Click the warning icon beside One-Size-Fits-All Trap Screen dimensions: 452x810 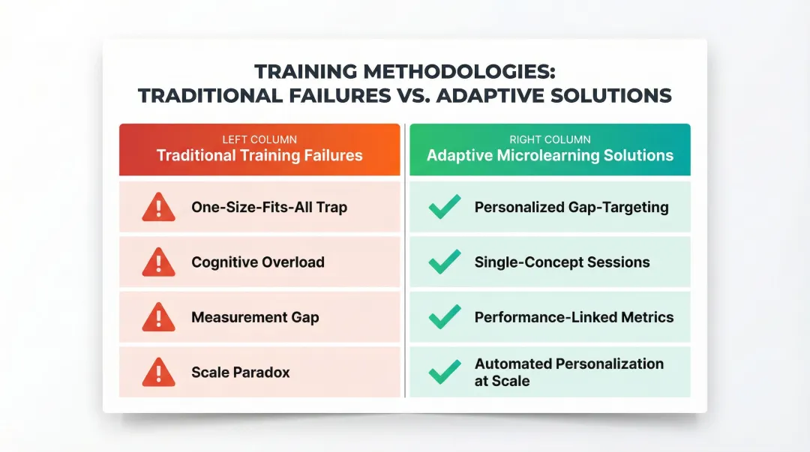[158, 207]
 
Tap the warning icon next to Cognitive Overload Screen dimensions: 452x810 [158, 262]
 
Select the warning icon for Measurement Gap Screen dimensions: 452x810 [158, 317]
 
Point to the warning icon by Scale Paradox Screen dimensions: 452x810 [158, 372]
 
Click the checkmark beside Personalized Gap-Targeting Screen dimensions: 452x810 [445, 207]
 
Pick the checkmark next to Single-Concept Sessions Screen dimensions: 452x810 [445, 262]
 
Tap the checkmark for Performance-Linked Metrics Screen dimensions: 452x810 [445, 317]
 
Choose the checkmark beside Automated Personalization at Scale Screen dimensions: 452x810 [445, 372]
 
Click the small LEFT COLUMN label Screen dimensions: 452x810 [259, 139]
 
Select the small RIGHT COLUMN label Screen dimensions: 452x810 [550, 139]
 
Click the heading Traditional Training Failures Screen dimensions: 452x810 [259, 156]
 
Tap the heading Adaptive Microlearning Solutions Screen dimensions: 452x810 [550, 156]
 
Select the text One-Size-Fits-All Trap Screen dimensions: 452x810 [269, 207]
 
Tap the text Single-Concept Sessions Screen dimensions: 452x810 [562, 262]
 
